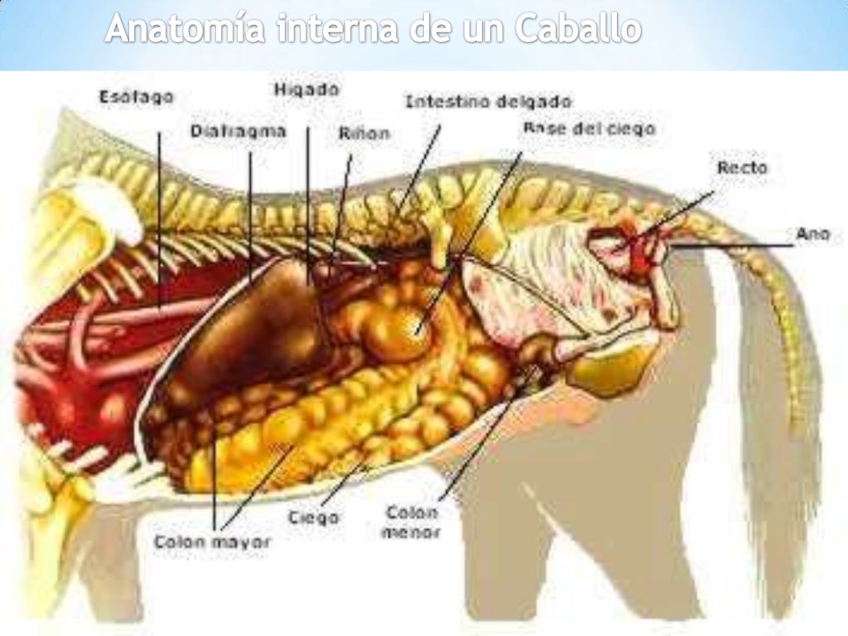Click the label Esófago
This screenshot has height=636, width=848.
pos(137,97)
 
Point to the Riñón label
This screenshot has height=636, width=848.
pos(364,132)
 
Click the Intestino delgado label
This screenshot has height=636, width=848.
pos(488,102)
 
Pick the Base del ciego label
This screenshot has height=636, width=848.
pos(589,129)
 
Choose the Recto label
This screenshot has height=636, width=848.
pos(742,167)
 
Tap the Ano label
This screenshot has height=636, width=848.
pos(812,235)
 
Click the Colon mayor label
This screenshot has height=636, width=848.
pos(213,543)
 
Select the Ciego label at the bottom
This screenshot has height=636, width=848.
pos(313,518)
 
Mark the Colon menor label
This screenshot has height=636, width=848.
pos(410,522)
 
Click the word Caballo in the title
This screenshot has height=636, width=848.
pos(578,30)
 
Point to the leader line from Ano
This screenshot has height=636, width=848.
pos(737,245)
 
